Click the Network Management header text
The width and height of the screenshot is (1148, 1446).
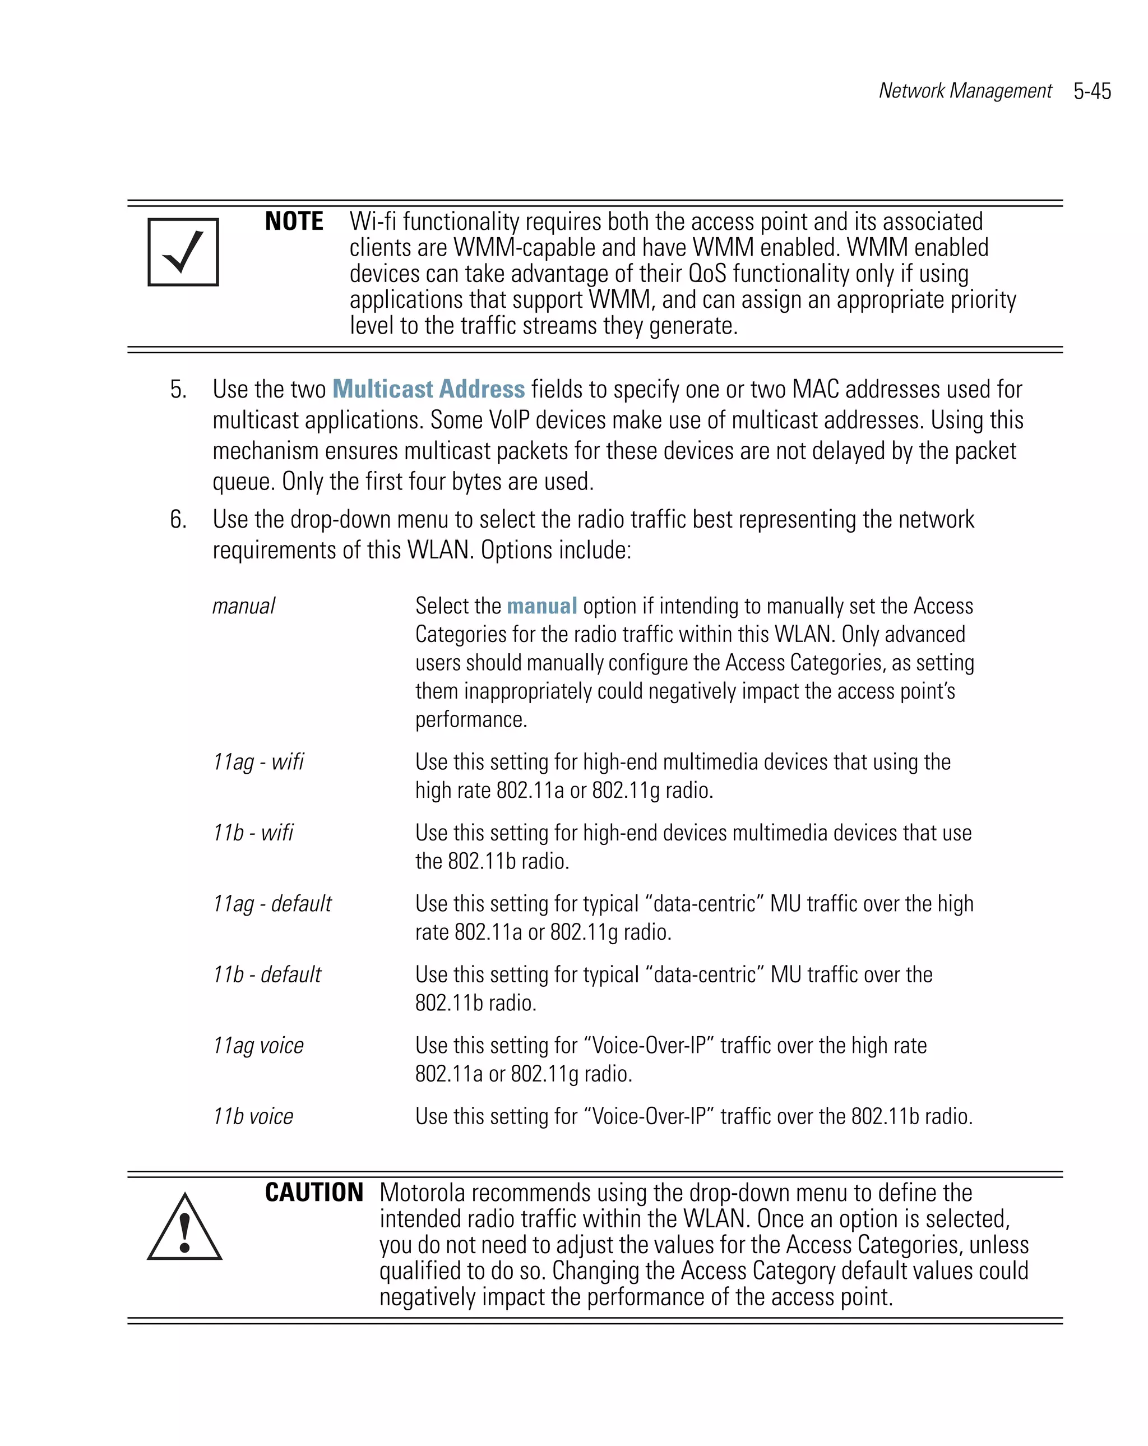tap(965, 90)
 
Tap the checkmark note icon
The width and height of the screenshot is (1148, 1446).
tap(183, 252)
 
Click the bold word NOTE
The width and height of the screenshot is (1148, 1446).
tap(294, 221)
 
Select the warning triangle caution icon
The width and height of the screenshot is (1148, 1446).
tap(184, 1228)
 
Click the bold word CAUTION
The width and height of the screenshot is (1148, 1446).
tap(314, 1193)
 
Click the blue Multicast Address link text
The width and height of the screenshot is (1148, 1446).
tap(428, 389)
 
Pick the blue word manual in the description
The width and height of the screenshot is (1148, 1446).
tap(541, 606)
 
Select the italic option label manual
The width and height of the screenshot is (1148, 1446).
tap(243, 606)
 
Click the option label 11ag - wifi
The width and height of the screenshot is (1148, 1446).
tap(258, 762)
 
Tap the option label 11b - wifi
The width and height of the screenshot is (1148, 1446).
tap(253, 832)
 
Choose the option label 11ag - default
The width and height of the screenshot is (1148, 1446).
tap(271, 903)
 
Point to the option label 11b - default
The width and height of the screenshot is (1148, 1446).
tap(267, 974)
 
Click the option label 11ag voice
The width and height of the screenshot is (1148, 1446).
tap(258, 1046)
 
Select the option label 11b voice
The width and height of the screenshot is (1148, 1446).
tap(253, 1116)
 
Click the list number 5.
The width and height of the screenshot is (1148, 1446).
tap(178, 390)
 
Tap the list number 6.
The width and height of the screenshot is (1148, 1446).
tap(178, 519)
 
